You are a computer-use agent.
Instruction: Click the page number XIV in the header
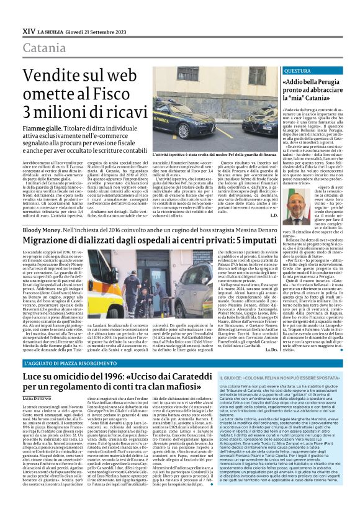(x=29, y=29)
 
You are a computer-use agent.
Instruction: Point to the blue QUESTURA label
(x=297, y=71)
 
